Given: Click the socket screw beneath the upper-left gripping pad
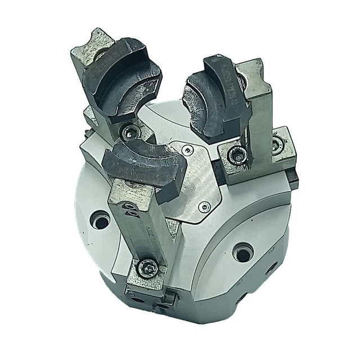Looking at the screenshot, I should click(130, 131).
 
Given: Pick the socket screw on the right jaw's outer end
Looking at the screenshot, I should click(276, 146).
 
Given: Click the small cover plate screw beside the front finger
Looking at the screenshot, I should click(206, 207).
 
